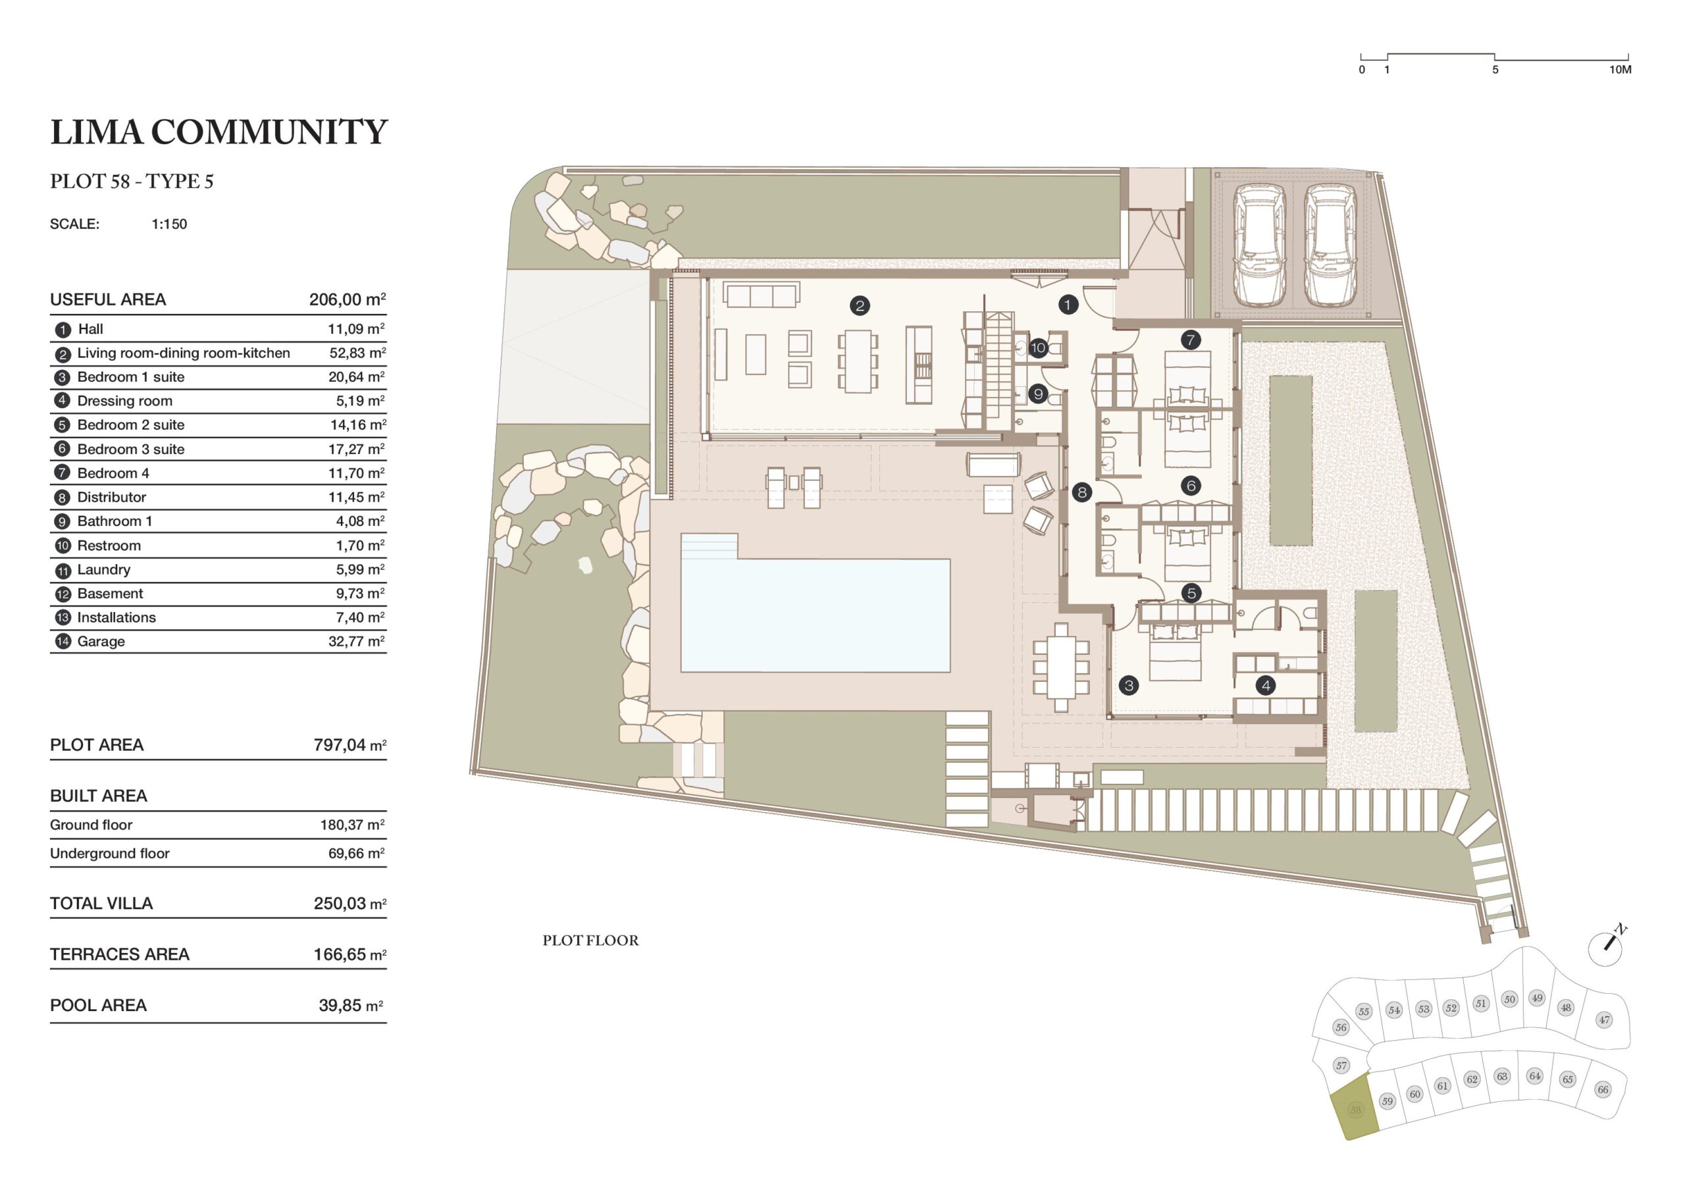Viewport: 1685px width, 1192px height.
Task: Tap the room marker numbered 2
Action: [x=860, y=305]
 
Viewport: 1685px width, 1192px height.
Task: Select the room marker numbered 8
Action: [x=1081, y=492]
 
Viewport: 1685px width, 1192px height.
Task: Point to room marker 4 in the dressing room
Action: [x=1265, y=686]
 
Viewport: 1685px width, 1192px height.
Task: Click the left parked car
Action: [x=1260, y=245]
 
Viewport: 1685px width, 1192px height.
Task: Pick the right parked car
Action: [x=1330, y=245]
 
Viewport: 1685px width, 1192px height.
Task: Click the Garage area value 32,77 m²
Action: [x=357, y=642]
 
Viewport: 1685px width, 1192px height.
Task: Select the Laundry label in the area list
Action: [x=103, y=569]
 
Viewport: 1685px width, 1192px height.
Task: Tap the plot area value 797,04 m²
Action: [x=350, y=745]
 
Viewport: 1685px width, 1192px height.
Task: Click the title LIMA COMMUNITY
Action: [x=219, y=132]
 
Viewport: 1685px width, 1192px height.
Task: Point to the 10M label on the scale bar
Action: [x=1620, y=70]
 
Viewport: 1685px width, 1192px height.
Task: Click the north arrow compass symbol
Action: [x=1606, y=947]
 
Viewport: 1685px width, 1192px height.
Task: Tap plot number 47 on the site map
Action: [x=1603, y=1020]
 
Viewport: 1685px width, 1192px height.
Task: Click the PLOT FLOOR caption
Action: [x=591, y=941]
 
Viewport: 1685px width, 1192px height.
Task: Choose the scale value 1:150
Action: [x=170, y=224]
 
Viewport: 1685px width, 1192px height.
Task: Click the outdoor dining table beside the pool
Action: [x=1061, y=667]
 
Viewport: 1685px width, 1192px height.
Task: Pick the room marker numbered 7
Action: [x=1191, y=340]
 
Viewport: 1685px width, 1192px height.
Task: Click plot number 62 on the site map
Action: [x=1472, y=1079]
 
